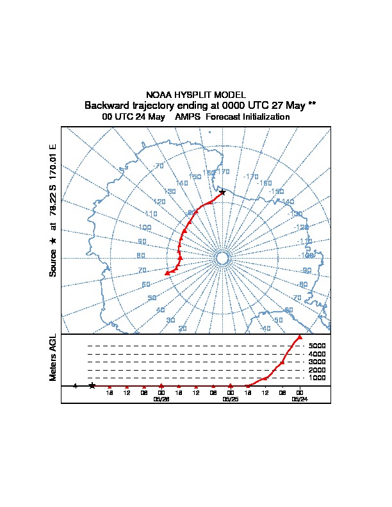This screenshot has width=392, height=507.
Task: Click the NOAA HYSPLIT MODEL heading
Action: [x=196, y=94]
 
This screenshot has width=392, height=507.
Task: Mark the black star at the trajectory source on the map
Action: [x=222, y=192]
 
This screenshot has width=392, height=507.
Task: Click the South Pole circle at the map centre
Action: [x=222, y=258]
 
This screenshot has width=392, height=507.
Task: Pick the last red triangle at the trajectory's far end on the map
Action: [x=167, y=273]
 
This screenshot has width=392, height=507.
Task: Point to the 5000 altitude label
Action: [x=318, y=346]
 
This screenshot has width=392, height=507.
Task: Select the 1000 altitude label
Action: [x=318, y=378]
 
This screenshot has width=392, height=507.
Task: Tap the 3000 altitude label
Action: [x=318, y=362]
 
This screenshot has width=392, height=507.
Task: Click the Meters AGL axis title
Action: [x=53, y=358]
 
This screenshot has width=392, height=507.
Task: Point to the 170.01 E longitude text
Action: [x=53, y=160]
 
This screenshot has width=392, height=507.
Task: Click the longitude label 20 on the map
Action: [x=183, y=328]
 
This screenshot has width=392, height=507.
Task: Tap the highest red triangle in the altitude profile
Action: [x=300, y=337]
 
